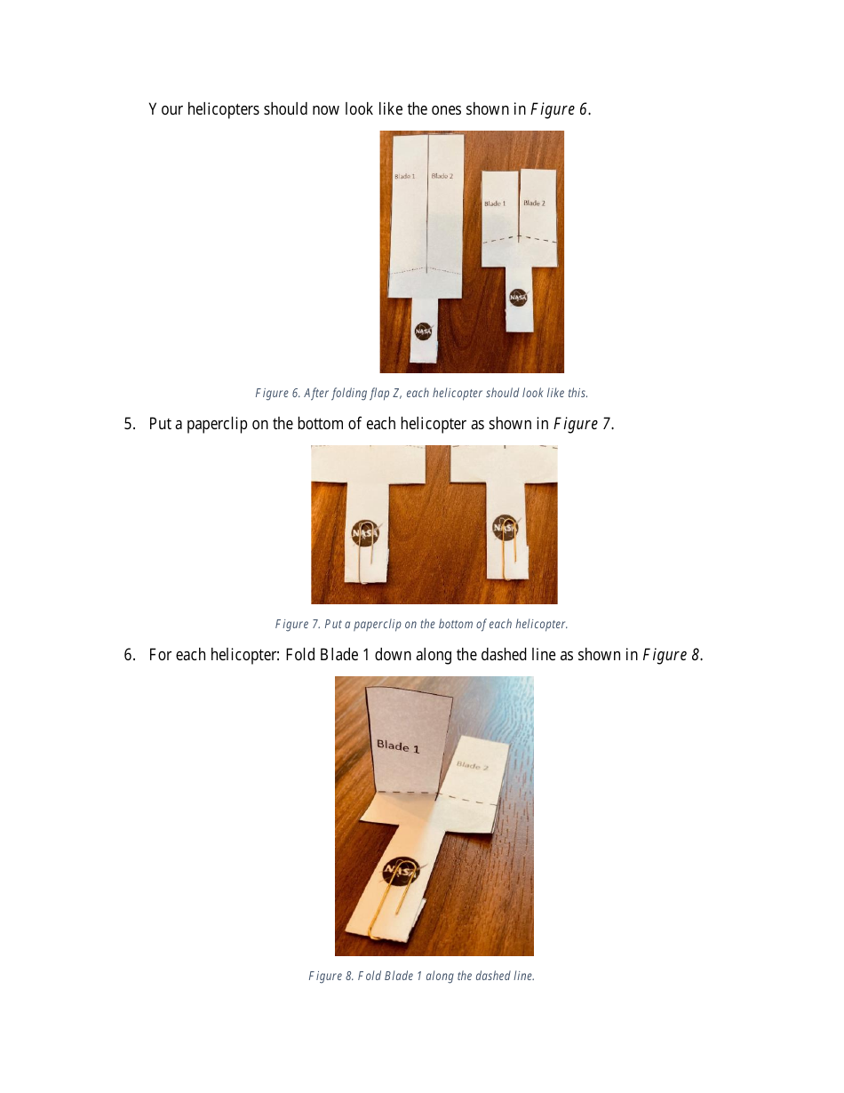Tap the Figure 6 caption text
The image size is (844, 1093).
421,393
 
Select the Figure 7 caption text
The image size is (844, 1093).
421,624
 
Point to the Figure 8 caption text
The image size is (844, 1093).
421,976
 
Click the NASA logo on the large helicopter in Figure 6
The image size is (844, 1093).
424,331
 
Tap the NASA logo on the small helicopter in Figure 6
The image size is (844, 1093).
518,297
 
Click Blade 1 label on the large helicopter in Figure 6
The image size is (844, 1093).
405,177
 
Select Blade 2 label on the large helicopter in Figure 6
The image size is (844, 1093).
442,177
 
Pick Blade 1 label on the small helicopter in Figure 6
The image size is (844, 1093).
495,203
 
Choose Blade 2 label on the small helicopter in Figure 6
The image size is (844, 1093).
534,203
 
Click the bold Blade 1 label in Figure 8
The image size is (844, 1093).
397,746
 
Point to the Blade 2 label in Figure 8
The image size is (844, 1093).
472,765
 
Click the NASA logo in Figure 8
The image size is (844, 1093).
401,872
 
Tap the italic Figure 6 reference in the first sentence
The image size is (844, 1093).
559,109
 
